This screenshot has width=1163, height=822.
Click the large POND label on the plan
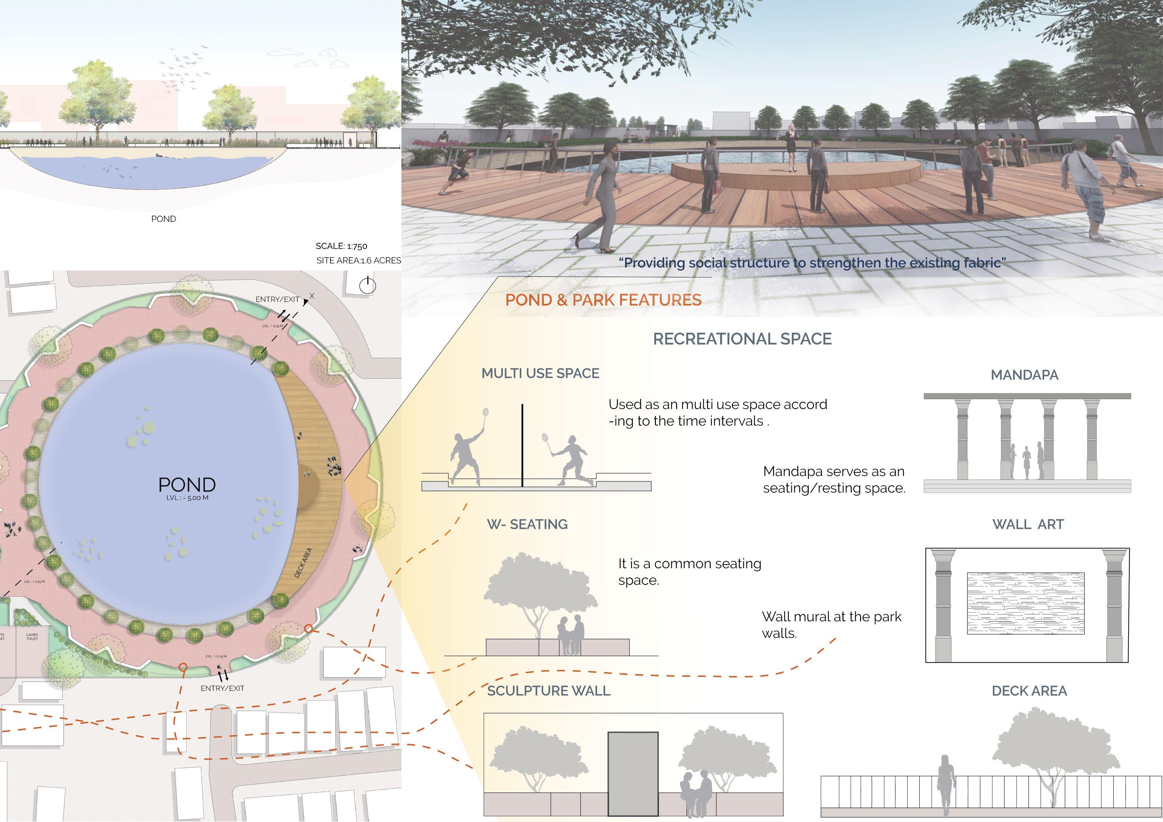187,485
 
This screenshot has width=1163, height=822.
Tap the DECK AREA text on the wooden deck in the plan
303,563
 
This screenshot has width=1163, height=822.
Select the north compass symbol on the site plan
367,286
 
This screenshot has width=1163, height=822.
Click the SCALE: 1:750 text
341,246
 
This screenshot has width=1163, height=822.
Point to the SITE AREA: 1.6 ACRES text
359,260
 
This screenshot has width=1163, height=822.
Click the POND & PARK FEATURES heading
603,300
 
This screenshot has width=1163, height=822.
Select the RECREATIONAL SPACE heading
742,339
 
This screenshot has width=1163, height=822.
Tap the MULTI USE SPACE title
540,373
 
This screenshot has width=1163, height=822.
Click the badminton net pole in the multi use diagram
523,446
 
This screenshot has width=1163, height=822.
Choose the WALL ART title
1028,524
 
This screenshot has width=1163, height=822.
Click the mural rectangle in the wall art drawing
1026,603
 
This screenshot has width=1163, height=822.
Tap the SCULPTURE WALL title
549,691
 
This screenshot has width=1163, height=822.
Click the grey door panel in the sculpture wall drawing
633,773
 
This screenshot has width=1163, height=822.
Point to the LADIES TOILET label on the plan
32,637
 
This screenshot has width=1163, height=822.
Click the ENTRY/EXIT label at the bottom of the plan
222,688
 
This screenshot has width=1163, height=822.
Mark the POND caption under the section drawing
164,219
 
